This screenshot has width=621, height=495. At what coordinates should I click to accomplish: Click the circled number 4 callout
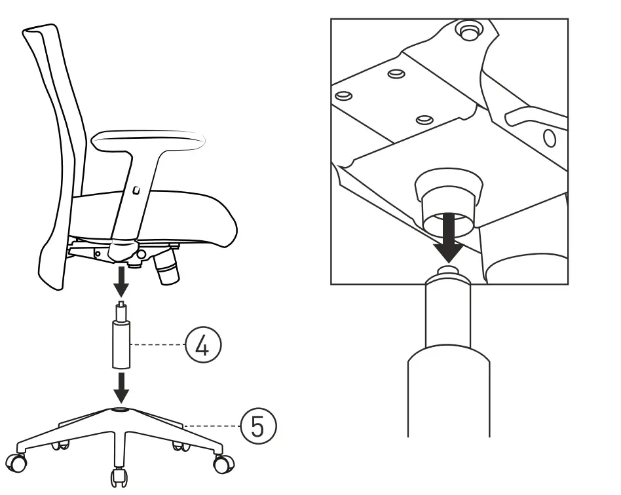(x=203, y=344)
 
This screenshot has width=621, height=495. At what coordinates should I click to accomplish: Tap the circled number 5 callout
(x=258, y=426)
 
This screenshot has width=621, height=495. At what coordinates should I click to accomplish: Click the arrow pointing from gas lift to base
(x=121, y=386)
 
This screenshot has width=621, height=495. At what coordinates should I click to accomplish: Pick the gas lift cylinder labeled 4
(x=121, y=340)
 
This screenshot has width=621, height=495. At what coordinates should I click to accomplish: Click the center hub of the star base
(x=121, y=410)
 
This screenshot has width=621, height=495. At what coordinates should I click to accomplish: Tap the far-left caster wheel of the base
(x=19, y=463)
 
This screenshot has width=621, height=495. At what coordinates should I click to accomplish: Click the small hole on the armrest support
(x=135, y=191)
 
